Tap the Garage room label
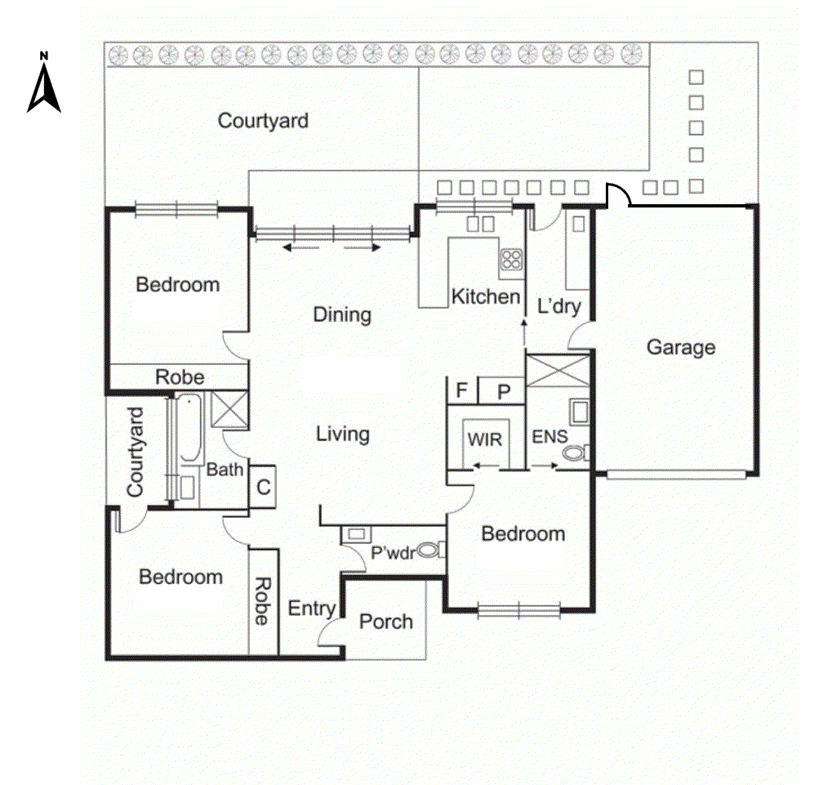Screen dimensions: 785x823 [x=680, y=347]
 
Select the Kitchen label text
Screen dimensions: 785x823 [x=486, y=297]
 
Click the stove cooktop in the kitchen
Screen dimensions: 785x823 [x=511, y=260]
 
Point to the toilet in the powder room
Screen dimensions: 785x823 [x=428, y=551]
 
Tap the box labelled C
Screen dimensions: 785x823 [x=264, y=488]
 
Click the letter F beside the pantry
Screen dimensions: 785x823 [x=461, y=390]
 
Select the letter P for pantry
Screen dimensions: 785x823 [x=504, y=390]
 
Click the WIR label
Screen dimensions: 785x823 [x=483, y=439]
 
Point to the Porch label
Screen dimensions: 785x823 [x=386, y=622]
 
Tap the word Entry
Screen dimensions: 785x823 [x=311, y=609]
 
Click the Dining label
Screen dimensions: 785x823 [x=342, y=314]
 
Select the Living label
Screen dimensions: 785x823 [x=342, y=434]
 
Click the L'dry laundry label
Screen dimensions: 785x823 [x=558, y=306]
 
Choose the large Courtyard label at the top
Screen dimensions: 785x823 [x=263, y=121]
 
